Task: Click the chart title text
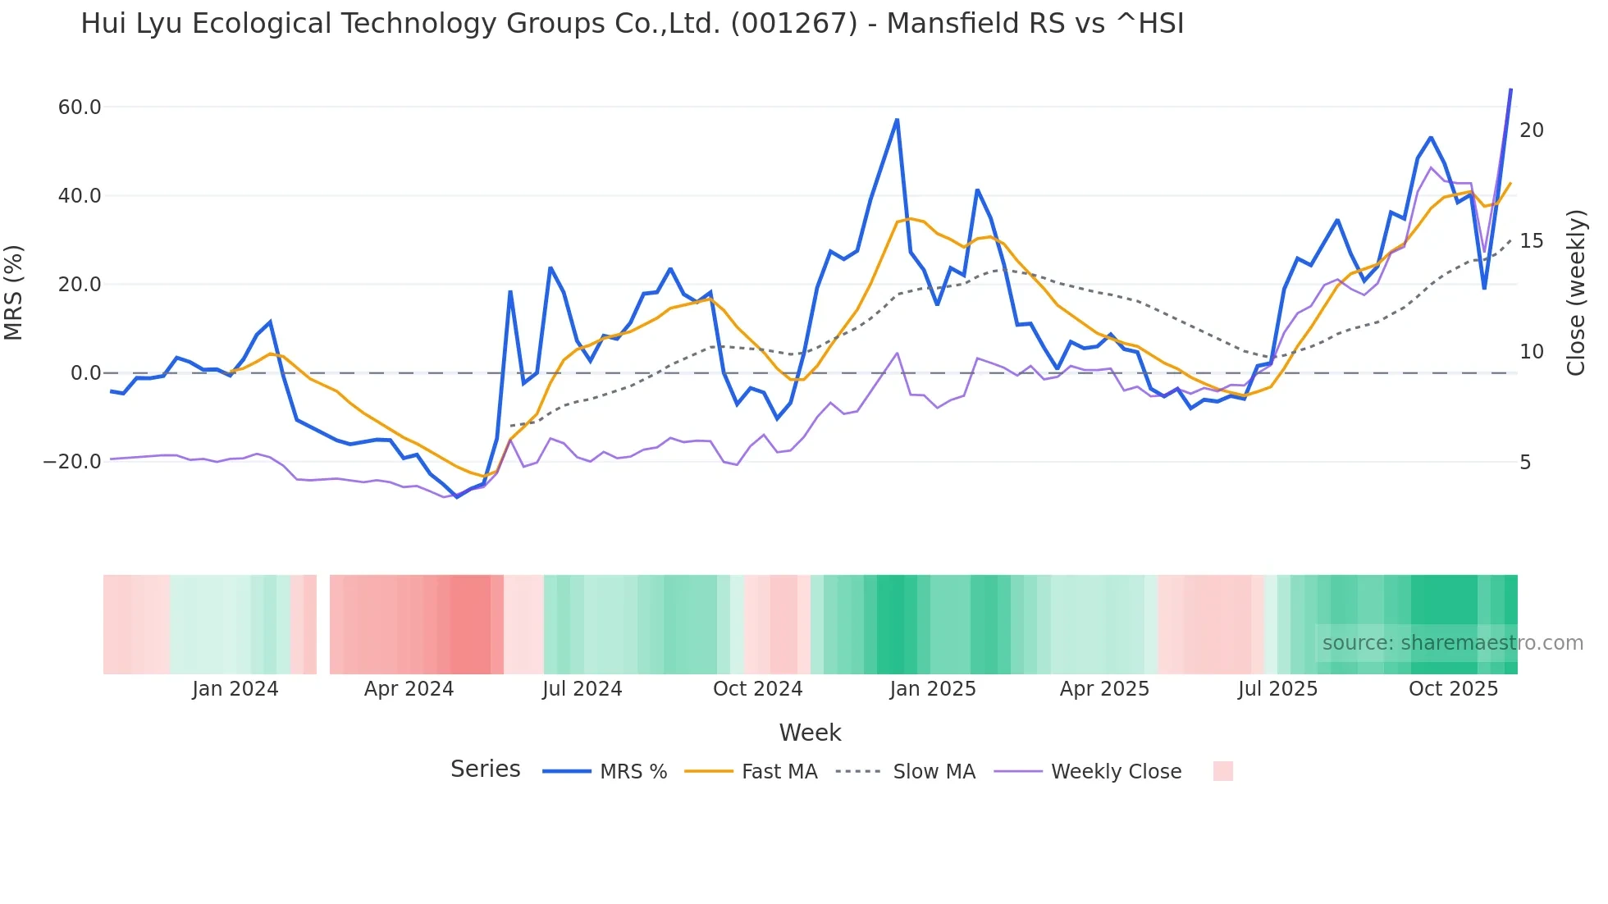632,24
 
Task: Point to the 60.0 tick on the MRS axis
80,107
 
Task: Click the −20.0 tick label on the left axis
72,462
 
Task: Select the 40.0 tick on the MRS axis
80,196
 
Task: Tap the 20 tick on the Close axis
1531,130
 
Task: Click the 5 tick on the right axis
1525,463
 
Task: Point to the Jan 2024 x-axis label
235,689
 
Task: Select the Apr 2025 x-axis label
1104,689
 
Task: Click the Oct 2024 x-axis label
757,689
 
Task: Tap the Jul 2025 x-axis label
1277,689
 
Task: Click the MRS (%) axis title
14,293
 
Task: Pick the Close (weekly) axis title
1575,293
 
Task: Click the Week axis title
810,733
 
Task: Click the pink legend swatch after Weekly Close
1222,771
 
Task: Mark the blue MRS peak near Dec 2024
897,121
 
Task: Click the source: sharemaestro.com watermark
1452,643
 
